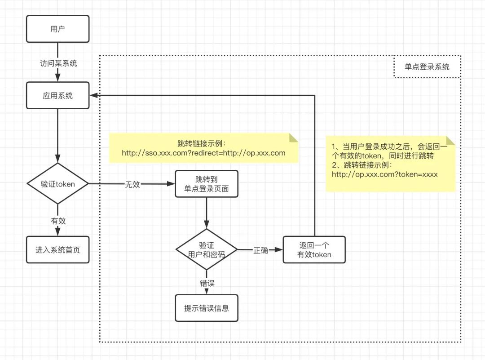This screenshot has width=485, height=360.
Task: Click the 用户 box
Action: [x=58, y=29]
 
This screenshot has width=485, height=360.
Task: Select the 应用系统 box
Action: [x=58, y=95]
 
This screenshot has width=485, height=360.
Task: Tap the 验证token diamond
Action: [x=58, y=184]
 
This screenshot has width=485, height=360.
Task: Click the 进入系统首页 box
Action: [x=58, y=249]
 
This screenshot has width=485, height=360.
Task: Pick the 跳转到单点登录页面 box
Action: [x=207, y=184]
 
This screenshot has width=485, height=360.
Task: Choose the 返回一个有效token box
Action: [x=314, y=249]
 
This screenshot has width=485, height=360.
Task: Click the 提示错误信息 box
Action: [x=207, y=308]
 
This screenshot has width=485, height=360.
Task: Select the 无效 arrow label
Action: [x=132, y=184]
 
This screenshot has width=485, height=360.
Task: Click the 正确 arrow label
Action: [x=261, y=250]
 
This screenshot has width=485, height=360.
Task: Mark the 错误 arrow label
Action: [x=207, y=283]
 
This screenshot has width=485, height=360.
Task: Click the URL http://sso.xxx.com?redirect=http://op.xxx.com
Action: [x=203, y=153]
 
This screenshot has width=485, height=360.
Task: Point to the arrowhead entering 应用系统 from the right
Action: [x=93, y=95]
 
